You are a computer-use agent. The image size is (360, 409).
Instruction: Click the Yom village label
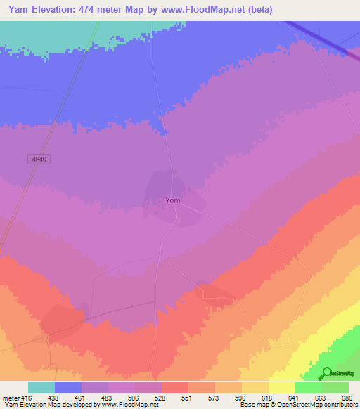pos(173,200)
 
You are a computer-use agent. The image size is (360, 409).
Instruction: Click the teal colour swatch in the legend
pos(41,387)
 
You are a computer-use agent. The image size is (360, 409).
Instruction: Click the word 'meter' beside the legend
pos(10,398)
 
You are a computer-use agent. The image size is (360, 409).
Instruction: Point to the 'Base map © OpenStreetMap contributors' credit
pos(299,405)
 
